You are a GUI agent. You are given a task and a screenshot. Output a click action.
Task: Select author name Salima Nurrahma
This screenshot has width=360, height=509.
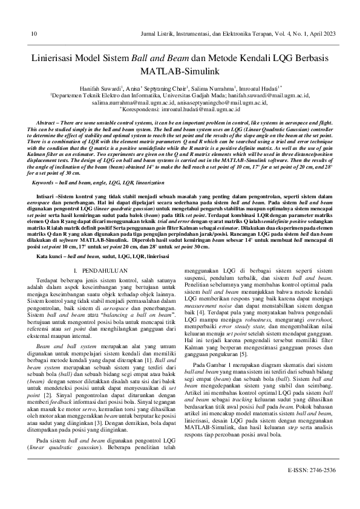pyautogui.click(x=215, y=88)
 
